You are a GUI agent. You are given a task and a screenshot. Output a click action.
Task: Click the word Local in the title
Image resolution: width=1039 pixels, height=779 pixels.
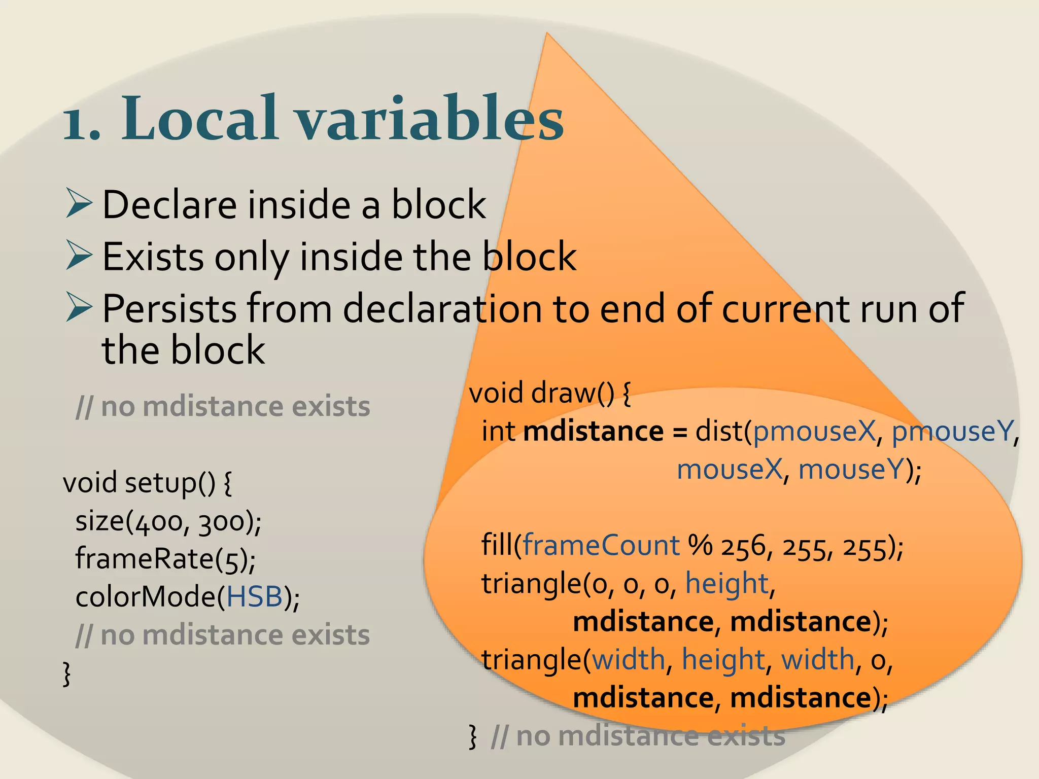(200, 119)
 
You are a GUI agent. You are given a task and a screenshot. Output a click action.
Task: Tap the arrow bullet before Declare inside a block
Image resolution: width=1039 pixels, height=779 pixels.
(79, 203)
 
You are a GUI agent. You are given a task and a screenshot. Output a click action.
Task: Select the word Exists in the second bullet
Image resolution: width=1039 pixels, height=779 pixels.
(153, 257)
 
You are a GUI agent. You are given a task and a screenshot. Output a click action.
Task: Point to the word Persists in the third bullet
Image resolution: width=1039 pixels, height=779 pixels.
(169, 308)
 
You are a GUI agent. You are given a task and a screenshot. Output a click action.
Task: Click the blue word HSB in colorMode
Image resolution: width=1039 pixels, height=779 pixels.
(254, 597)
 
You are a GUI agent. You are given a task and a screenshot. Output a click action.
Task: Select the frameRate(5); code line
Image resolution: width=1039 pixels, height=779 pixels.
(165, 559)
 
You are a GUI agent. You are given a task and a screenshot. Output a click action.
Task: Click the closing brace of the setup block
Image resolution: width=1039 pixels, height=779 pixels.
(66, 674)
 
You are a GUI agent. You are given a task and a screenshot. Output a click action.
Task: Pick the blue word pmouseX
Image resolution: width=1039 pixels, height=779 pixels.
(814, 432)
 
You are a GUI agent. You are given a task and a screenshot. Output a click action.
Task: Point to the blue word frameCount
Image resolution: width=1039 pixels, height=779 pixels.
(601, 546)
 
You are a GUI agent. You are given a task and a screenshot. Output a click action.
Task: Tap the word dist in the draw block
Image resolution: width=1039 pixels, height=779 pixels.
(719, 432)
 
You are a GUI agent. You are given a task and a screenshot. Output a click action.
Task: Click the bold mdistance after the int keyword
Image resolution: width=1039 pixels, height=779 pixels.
(593, 432)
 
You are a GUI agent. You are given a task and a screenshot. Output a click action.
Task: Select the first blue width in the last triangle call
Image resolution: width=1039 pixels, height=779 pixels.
(629, 660)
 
